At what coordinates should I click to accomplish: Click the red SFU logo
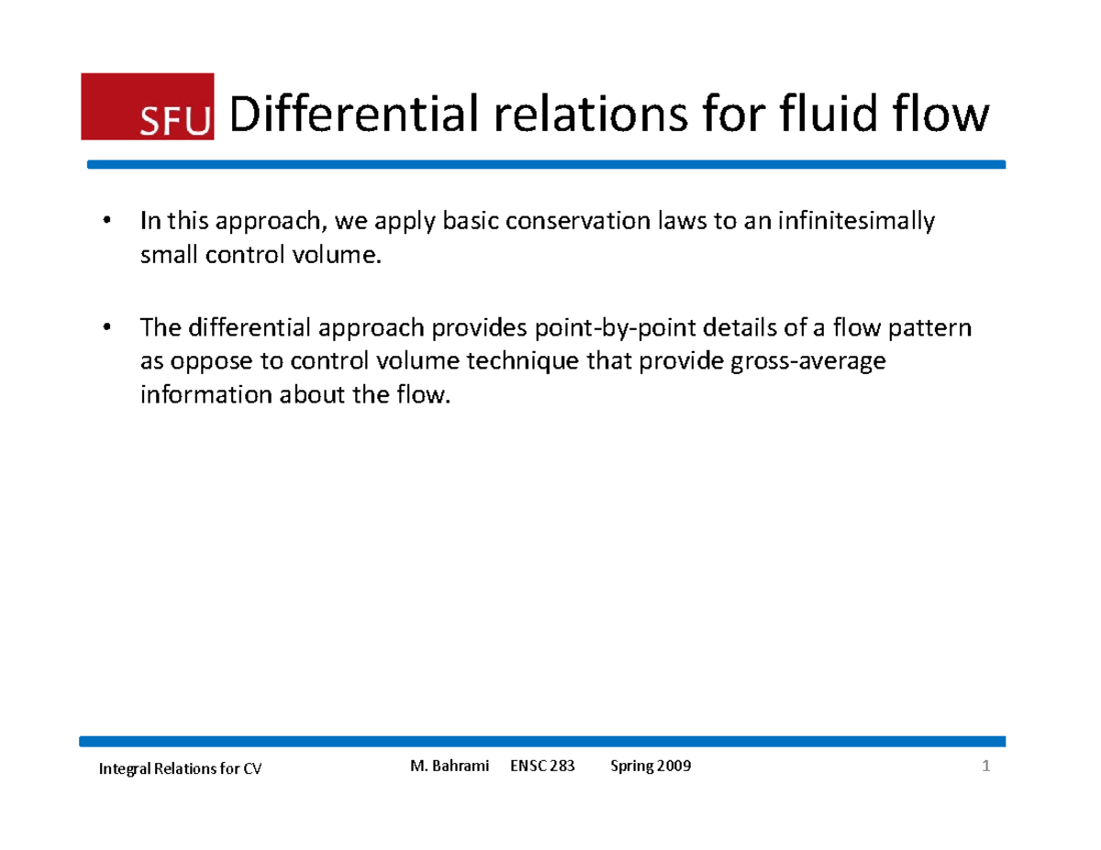tap(147, 105)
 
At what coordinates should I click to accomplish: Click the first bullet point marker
tap(107, 221)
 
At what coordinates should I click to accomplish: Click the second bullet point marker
tap(107, 326)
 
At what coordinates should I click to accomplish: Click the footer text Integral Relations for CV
tap(180, 770)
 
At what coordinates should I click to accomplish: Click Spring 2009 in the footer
tap(651, 767)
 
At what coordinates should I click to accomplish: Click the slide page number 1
tap(985, 767)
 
